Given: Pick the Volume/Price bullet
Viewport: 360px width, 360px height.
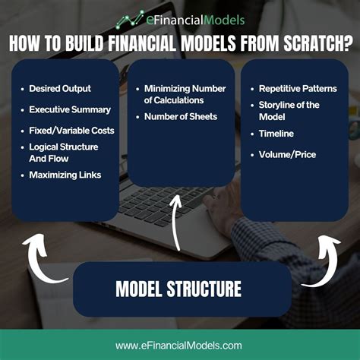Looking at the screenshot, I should coord(287,156).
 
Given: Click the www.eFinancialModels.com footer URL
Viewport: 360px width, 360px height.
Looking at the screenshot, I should coord(179,346).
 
